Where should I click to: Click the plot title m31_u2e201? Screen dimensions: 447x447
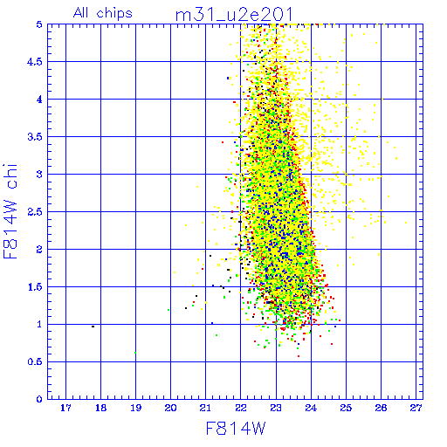(x=234, y=15)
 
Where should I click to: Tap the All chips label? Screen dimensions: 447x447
(x=103, y=13)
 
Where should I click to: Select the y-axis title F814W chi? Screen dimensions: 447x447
(x=10, y=211)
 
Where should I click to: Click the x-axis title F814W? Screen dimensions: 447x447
(x=236, y=429)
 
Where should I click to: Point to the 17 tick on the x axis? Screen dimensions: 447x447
(x=65, y=408)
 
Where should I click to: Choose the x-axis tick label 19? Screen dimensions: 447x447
(x=135, y=408)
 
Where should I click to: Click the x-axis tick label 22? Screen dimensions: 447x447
(x=241, y=408)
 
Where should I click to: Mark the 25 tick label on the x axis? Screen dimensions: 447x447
(x=346, y=408)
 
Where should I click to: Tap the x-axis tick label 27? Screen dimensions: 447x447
(x=416, y=408)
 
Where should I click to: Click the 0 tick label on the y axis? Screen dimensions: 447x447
(x=39, y=399)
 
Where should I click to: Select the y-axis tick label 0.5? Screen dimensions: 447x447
(x=35, y=361)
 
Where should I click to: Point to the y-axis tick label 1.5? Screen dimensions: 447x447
(x=35, y=287)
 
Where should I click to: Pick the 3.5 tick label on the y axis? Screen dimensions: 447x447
(x=35, y=137)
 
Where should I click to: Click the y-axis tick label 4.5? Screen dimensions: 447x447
(x=35, y=62)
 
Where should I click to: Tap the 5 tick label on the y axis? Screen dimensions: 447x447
(x=39, y=24)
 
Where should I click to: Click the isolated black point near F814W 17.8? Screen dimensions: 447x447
(x=93, y=327)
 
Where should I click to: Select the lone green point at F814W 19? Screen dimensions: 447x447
(x=135, y=353)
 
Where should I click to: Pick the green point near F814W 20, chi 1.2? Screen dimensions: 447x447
(x=168, y=310)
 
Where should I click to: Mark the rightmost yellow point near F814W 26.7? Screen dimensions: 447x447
(x=406, y=223)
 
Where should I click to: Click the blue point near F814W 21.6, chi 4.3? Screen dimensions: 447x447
(x=228, y=78)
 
